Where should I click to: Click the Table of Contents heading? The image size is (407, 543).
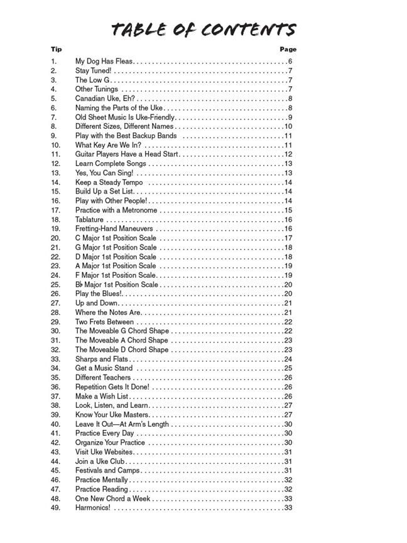203,30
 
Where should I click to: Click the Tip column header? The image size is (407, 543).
57,49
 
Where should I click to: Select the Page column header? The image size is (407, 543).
288,49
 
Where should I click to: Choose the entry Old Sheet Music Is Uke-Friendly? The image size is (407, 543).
125,117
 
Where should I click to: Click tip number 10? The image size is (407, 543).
55,145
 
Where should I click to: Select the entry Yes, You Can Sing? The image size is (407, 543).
104,173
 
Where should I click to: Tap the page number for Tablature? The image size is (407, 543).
288,219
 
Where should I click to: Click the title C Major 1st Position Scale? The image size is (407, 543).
116,238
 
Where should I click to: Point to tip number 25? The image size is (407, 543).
55,285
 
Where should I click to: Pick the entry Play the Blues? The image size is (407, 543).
99,293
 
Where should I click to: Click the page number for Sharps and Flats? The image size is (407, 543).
288,359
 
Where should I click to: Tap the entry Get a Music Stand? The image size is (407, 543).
104,368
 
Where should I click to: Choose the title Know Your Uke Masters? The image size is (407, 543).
112,415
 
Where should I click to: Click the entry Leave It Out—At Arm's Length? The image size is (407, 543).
122,424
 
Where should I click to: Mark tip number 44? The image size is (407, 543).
55,461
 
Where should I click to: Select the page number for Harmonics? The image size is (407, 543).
288,508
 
